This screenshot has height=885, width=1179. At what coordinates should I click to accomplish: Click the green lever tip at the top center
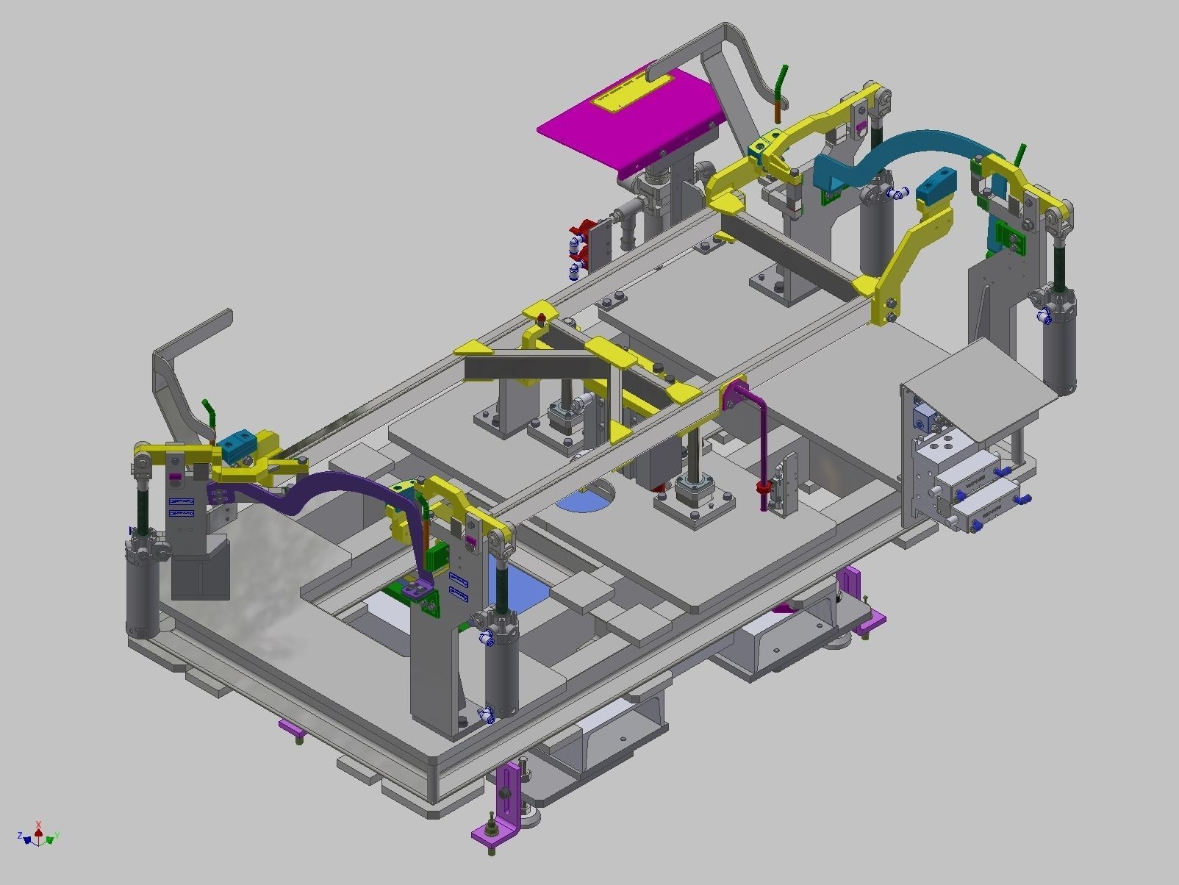784,76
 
